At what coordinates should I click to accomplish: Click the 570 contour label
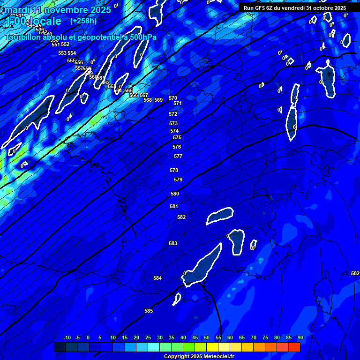[x=173, y=98]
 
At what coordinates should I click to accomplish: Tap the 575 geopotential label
[x=177, y=137]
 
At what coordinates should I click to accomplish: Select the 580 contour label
[x=175, y=194]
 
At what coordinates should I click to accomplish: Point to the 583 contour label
[x=173, y=243]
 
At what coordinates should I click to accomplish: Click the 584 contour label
[x=157, y=278]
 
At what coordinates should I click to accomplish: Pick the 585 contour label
[x=149, y=311]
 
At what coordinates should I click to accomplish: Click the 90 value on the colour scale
[x=300, y=337]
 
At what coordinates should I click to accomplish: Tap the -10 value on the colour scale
[x=67, y=337]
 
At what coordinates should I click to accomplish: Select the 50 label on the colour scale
[x=206, y=337]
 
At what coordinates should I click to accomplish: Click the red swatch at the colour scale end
[x=294, y=347]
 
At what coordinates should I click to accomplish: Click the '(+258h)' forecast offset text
[x=83, y=21]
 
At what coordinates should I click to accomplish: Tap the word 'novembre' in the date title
[x=60, y=9]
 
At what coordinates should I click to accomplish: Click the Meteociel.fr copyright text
[x=199, y=356]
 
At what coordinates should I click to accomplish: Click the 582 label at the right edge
[x=355, y=273]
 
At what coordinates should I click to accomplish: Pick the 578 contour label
[x=174, y=170]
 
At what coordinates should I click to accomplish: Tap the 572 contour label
[x=173, y=114]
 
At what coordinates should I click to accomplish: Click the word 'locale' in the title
[x=44, y=21]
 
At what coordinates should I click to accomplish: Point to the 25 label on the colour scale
[x=148, y=337]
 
